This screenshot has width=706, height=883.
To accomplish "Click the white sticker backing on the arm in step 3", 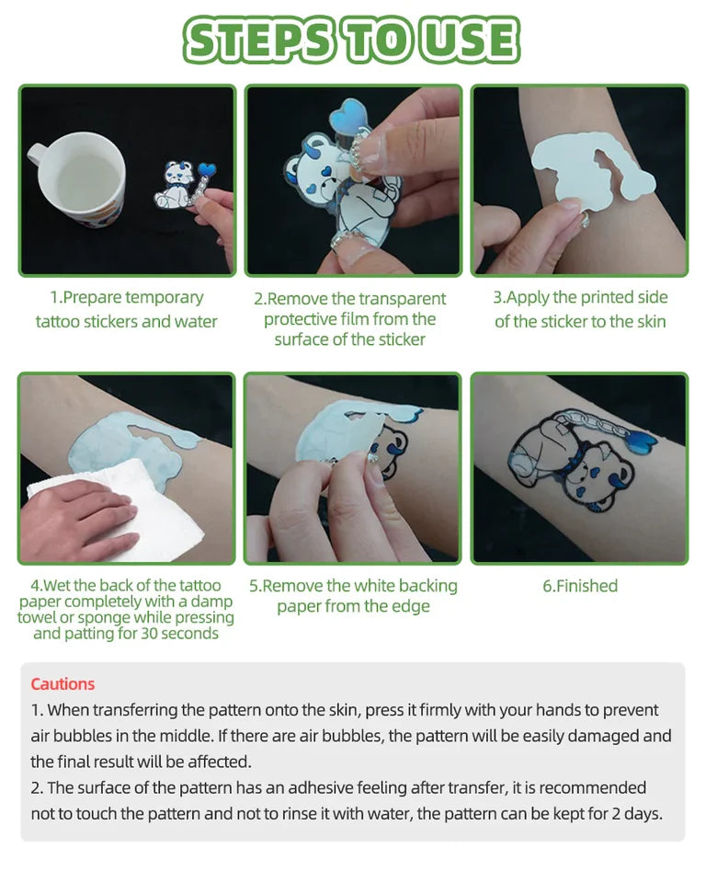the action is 590,167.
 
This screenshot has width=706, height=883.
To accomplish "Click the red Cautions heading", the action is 63,683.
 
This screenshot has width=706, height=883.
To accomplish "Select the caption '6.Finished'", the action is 580,586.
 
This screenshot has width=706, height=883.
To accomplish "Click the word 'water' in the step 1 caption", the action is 196,322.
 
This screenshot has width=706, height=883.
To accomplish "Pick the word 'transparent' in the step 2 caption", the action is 402,298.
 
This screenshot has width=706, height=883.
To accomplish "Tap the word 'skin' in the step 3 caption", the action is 652,322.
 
